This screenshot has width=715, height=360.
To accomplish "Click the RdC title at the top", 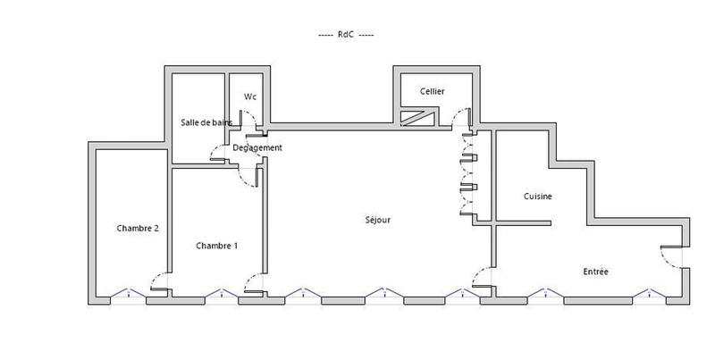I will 344,35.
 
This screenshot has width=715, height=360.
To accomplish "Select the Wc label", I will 250,96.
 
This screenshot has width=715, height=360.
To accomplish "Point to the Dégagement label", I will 257,147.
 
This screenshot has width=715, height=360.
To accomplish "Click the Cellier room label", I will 433,92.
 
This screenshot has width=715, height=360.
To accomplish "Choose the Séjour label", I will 377,220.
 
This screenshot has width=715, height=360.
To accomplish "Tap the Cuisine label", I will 537,197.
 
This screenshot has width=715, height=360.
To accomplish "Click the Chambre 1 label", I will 216,246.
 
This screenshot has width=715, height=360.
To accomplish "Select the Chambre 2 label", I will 138,228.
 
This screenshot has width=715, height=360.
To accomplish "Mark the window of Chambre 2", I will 127,294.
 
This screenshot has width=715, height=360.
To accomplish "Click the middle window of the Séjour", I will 382,294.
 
